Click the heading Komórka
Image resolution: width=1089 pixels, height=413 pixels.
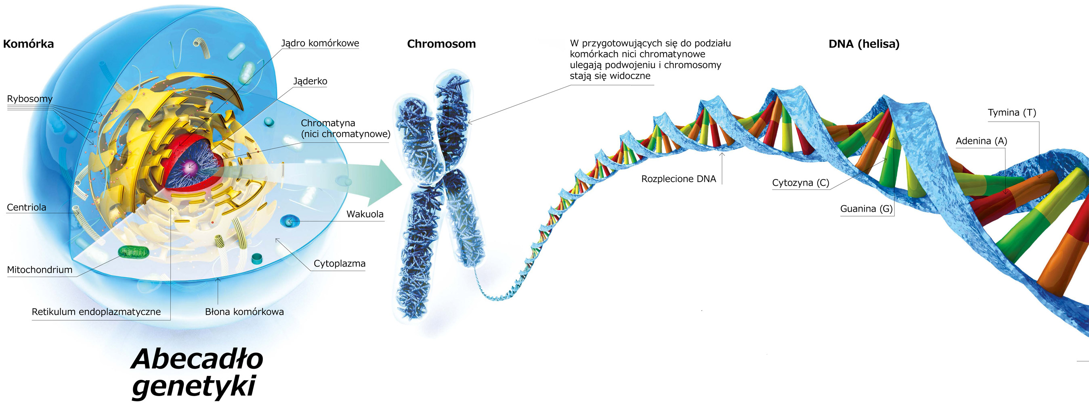pyautogui.click(x=28, y=44)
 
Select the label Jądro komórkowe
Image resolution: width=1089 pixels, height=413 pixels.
pyautogui.click(x=320, y=43)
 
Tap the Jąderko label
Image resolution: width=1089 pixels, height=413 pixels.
pyautogui.click(x=310, y=81)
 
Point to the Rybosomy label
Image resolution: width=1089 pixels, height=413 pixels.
pyautogui.click(x=29, y=99)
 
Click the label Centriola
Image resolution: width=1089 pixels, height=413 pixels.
pyautogui.click(x=26, y=207)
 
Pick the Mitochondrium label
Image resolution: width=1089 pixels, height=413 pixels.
pyautogui.click(x=39, y=270)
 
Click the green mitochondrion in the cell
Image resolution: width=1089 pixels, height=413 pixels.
pyautogui.click(x=133, y=252)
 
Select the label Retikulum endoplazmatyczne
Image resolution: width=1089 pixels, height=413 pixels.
pyautogui.click(x=96, y=312)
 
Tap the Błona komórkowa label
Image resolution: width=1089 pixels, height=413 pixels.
pyautogui.click(x=244, y=312)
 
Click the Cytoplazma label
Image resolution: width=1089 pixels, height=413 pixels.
pyautogui.click(x=340, y=263)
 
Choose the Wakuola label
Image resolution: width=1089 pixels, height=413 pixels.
pyautogui.click(x=365, y=214)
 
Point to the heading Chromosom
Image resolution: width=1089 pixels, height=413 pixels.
pyautogui.click(x=441, y=44)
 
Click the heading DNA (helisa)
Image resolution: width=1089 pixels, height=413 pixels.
pyautogui.click(x=864, y=44)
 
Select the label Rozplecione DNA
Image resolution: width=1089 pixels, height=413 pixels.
pyautogui.click(x=678, y=179)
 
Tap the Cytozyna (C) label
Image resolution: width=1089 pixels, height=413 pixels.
pyautogui.click(x=801, y=183)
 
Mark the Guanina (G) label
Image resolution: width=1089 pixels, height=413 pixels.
pyautogui.click(x=866, y=209)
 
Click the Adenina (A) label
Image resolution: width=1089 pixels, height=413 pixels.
pyautogui.click(x=981, y=141)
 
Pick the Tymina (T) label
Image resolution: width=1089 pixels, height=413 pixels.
pyautogui.click(x=1011, y=113)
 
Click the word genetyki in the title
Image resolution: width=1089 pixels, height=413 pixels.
pyautogui.click(x=195, y=386)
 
